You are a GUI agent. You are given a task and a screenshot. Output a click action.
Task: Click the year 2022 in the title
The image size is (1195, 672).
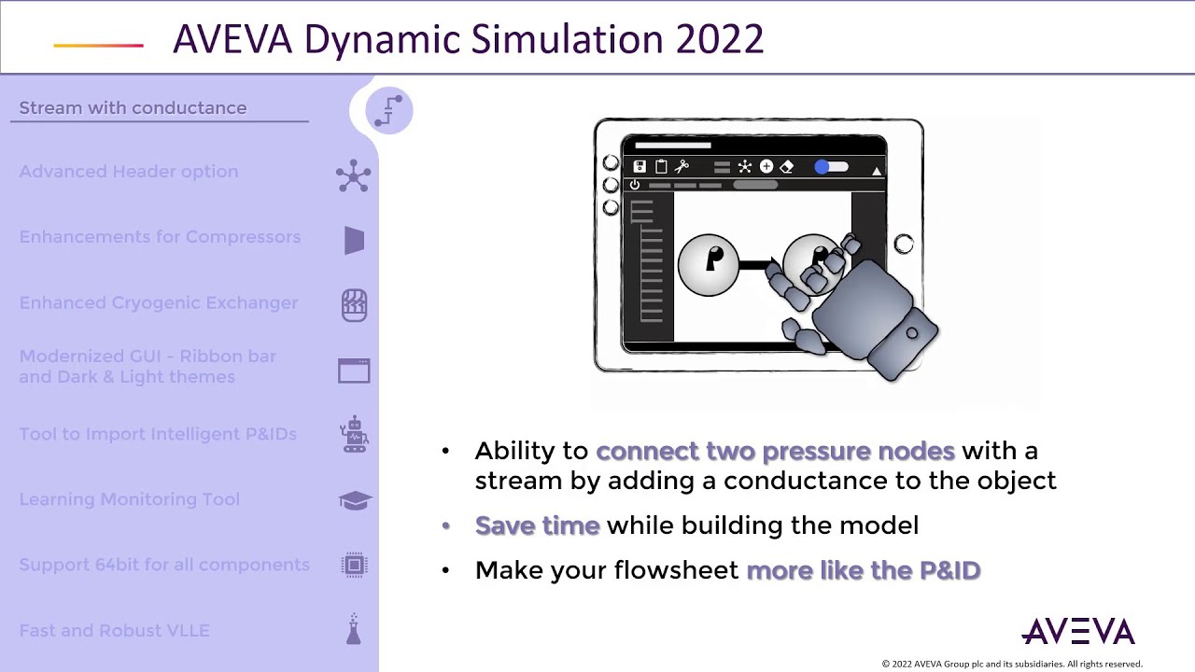(719, 39)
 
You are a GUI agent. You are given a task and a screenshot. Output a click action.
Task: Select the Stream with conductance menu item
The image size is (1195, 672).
(133, 108)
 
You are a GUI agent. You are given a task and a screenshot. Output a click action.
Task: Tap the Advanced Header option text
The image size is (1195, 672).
(129, 172)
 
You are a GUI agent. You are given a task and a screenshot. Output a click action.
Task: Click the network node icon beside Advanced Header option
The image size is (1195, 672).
(354, 175)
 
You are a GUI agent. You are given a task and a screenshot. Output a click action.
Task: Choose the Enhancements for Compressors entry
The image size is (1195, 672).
(160, 237)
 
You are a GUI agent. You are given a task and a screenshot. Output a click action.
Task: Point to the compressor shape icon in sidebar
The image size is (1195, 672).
(354, 241)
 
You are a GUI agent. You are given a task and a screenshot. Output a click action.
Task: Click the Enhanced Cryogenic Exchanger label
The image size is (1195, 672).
(159, 303)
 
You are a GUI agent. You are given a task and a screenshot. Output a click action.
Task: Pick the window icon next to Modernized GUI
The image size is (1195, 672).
(354, 371)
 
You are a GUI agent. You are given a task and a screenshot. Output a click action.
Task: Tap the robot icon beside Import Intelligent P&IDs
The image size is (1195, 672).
(354, 435)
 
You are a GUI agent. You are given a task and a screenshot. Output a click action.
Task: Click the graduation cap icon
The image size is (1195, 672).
(355, 501)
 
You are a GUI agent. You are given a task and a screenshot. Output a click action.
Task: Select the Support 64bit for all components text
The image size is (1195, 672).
(164, 565)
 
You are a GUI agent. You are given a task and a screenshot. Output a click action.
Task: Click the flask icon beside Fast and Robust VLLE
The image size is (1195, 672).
(354, 630)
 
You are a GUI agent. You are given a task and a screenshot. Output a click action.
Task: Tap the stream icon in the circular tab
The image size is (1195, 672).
(389, 110)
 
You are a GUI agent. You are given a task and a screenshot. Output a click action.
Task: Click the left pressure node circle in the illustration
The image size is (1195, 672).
(709, 265)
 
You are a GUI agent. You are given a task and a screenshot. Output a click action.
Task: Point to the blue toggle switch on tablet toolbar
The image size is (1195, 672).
(830, 167)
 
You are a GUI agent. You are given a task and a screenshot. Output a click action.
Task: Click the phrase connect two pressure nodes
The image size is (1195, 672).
(775, 451)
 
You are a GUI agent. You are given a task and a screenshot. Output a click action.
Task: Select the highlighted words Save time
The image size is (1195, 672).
(537, 525)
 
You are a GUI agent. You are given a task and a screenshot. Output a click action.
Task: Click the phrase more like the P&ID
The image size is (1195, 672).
(864, 570)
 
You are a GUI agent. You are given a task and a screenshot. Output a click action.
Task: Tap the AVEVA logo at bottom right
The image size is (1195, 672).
(1078, 632)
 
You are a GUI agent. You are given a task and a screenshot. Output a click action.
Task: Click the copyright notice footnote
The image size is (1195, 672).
(1012, 664)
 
